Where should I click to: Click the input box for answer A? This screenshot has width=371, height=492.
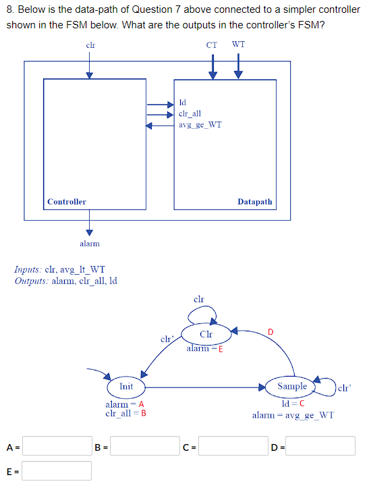click(57, 446)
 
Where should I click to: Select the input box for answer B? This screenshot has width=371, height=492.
click(145, 446)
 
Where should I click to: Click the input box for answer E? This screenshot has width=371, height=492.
click(57, 471)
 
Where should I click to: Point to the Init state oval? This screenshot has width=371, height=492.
click(126, 387)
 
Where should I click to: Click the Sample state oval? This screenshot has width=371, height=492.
click(292, 386)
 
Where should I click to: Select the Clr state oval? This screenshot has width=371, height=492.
click(206, 334)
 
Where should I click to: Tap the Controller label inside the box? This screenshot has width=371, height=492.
click(67, 202)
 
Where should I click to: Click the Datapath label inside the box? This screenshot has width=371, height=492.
click(255, 202)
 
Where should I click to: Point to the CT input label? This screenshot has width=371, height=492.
click(212, 45)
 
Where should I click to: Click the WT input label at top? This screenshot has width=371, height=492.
click(238, 45)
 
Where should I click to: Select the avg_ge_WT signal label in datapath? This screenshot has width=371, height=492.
click(200, 125)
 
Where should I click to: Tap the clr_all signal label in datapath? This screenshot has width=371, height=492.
click(190, 114)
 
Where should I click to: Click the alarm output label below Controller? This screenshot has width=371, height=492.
click(89, 243)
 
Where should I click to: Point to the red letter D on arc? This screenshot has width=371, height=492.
click(270, 331)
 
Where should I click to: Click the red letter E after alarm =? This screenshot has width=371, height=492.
click(221, 349)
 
